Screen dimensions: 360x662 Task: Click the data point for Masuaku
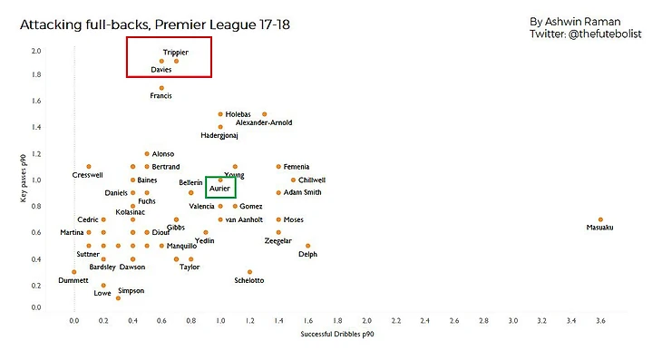[600, 219]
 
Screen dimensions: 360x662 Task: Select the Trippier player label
[176, 53]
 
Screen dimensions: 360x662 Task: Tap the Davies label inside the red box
[161, 70]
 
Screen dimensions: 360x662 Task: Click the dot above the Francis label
[161, 88]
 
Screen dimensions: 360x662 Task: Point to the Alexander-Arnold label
[262, 122]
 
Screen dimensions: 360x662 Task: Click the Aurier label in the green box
[219, 190]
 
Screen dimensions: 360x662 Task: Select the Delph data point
[307, 246]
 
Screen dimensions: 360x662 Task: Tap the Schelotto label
[248, 280]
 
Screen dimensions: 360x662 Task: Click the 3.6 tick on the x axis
[600, 320]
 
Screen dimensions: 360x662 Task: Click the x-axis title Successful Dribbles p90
[336, 336]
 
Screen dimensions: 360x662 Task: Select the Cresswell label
[87, 175]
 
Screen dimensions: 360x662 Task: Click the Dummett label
[73, 280]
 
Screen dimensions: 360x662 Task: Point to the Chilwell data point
[293, 180]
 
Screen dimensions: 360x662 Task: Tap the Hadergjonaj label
[219, 136]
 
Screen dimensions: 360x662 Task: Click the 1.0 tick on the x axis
[219, 320]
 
